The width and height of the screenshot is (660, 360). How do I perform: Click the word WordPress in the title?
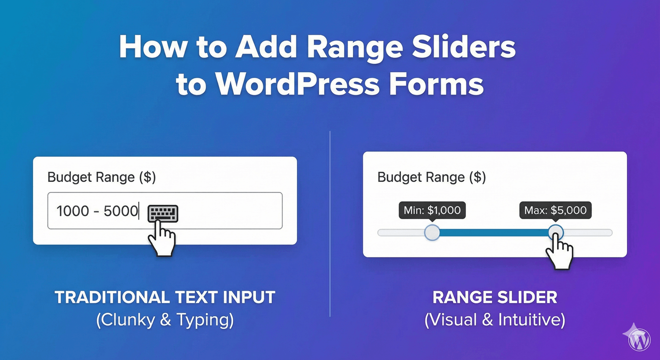(298, 84)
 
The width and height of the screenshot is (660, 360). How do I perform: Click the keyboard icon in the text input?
(163, 213)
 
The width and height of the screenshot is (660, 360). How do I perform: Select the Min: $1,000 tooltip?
(432, 210)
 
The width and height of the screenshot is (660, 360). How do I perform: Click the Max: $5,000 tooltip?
(555, 210)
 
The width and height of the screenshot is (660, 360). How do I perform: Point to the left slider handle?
(432, 233)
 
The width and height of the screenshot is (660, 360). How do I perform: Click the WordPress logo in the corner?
(639, 340)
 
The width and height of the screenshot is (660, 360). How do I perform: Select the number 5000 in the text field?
(121, 211)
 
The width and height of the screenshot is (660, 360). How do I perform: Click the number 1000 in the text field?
(73, 211)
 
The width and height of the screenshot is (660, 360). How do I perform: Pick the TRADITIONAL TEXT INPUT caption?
(165, 298)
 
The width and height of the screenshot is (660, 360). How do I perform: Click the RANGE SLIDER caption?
(495, 298)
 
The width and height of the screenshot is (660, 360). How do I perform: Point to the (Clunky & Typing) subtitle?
(165, 320)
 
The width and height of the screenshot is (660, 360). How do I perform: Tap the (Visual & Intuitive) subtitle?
(495, 320)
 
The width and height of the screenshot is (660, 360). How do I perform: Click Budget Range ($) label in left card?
(102, 177)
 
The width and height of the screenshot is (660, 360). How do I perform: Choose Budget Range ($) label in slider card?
(432, 177)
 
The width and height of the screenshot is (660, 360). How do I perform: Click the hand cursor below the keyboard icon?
(162, 239)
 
